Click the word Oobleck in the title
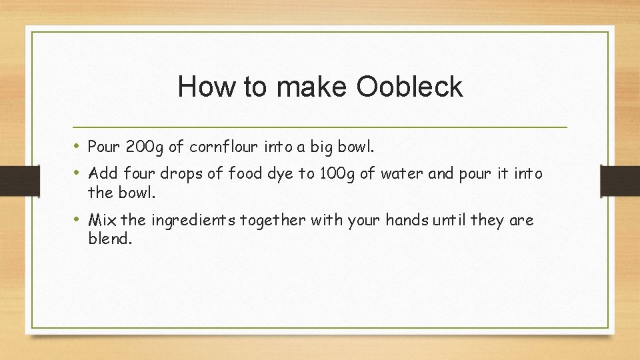pos(409,87)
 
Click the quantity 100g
pos(337,174)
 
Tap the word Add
pos(103,174)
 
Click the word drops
pos(184,174)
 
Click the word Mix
pos(102,220)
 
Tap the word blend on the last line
pos(110,238)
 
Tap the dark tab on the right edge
pos(620,181)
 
